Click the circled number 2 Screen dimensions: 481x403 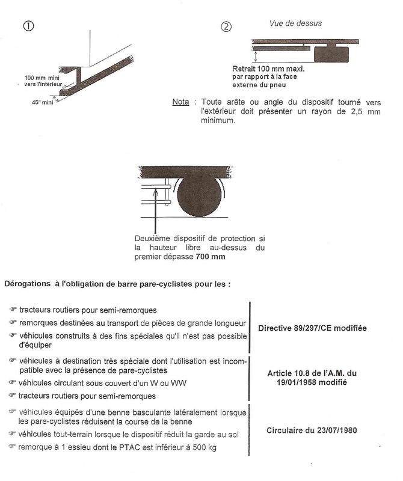(x=226, y=26)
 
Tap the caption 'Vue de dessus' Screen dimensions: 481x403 (x=295, y=23)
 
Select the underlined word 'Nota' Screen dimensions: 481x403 (x=180, y=102)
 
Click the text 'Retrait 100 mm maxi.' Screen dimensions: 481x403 (x=268, y=69)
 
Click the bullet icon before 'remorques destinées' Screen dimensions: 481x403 (x=13, y=323)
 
